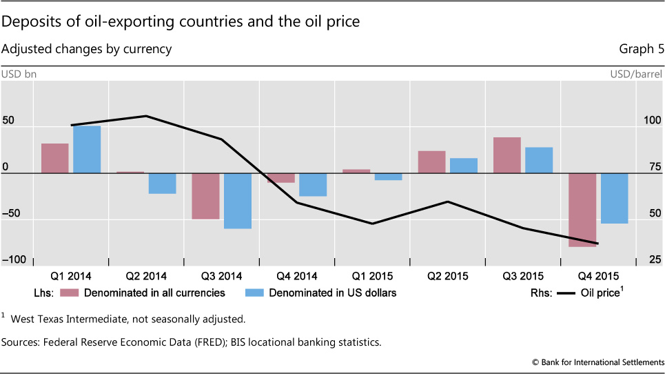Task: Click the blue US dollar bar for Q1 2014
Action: click(87, 149)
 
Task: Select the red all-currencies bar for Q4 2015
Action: click(582, 210)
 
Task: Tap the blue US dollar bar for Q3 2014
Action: click(238, 201)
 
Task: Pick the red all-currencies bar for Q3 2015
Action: click(507, 155)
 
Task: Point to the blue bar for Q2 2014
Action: click(163, 184)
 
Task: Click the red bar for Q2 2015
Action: click(431, 162)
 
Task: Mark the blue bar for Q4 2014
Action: click(313, 185)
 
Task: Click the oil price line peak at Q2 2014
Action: click(146, 116)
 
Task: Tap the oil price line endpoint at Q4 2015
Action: click(597, 243)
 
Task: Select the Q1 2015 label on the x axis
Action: click(371, 277)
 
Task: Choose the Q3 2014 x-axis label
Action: click(221, 277)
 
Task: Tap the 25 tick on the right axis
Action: click(652, 259)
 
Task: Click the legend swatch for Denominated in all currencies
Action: click(69, 293)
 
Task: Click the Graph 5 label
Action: click(642, 49)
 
